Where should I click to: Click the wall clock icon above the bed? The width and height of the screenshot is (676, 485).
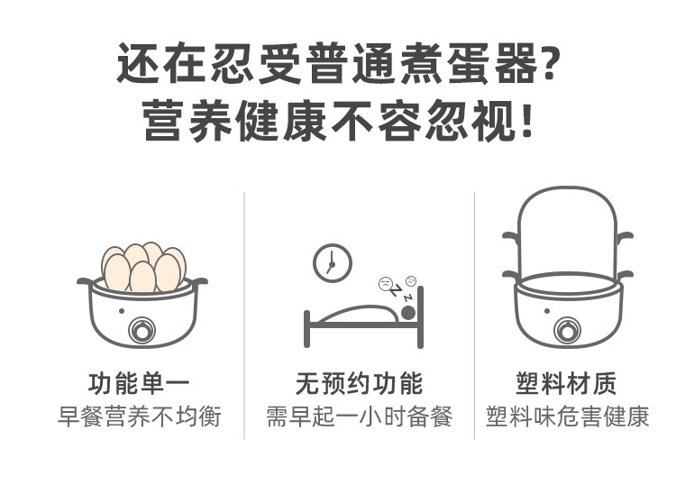(x=332, y=263)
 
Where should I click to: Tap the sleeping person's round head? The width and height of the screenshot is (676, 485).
(x=407, y=313)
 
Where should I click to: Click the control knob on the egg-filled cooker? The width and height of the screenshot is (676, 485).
(x=142, y=331)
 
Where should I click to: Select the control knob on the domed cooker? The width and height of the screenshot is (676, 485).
(x=567, y=331)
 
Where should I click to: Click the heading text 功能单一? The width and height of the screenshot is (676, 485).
(x=139, y=383)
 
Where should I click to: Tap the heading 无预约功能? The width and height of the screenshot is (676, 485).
(x=359, y=383)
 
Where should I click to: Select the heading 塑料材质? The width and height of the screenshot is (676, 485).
(x=567, y=383)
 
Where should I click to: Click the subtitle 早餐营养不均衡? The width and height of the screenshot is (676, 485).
(x=139, y=416)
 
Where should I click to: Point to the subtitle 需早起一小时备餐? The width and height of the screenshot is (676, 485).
(x=359, y=416)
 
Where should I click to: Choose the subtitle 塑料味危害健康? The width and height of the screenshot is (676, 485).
(x=567, y=416)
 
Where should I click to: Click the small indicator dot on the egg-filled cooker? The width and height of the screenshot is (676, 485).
(x=122, y=311)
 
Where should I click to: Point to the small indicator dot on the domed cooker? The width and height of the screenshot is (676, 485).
(x=547, y=311)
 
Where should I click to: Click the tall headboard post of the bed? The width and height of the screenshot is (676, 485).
(x=420, y=317)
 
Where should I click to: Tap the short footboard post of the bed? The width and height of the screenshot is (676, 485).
(x=307, y=328)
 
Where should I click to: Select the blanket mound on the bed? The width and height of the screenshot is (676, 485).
(x=358, y=314)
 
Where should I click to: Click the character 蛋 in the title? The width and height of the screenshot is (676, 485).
(x=469, y=63)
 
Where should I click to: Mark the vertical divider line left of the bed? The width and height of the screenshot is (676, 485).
(x=244, y=316)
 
